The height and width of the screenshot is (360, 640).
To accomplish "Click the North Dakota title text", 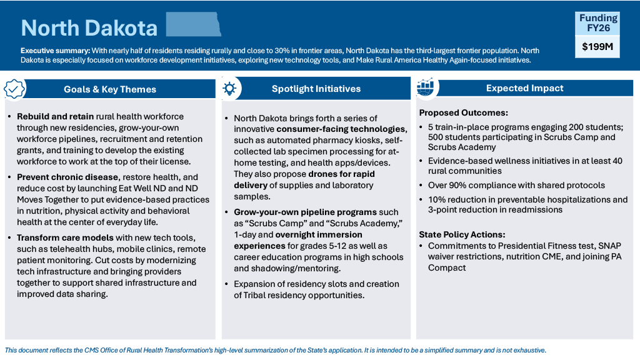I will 89,27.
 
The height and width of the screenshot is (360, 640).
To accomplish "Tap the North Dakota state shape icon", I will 193,24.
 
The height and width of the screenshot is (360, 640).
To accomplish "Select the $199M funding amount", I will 598,46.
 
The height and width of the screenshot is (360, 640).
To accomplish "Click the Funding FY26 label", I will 598,22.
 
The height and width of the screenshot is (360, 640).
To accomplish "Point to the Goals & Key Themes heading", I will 110,89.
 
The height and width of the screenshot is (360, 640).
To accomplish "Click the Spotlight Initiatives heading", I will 316,89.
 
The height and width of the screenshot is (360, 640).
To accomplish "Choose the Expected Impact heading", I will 525,88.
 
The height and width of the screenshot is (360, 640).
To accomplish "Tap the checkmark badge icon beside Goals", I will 14,89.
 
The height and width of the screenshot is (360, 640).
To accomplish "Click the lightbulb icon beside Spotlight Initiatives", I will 229,89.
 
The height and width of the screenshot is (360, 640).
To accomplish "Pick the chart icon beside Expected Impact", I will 426,87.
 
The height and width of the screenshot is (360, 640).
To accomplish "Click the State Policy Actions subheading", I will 462,234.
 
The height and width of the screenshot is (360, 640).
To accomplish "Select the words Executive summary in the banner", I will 55,51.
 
